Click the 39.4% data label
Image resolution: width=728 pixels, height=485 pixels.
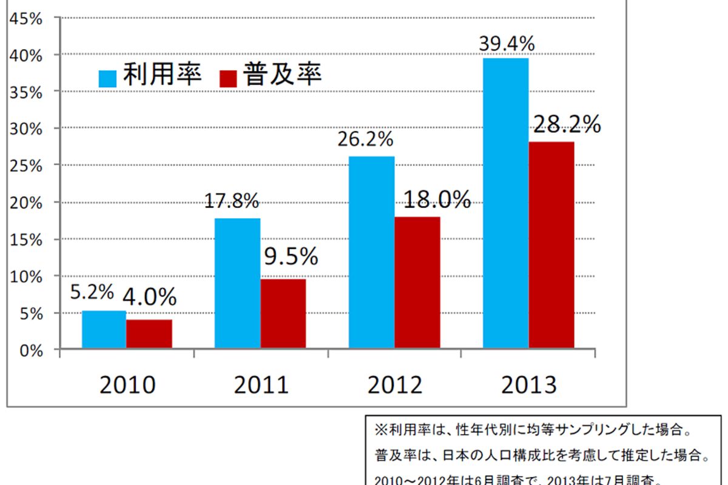[506, 44]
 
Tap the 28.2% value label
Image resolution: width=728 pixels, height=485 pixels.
[567, 124]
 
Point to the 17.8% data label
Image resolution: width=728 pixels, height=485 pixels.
[231, 201]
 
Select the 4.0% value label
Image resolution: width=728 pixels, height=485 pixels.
[149, 297]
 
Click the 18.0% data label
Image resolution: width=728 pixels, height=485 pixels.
[435, 199]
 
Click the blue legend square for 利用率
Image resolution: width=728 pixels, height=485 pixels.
[107, 78]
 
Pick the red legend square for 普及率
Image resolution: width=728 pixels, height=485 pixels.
[228, 78]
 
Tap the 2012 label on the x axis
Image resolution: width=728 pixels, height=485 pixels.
[395, 385]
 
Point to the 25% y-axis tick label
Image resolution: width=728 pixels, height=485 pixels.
[25, 165]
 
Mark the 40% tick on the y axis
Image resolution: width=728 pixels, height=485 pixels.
[25, 55]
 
